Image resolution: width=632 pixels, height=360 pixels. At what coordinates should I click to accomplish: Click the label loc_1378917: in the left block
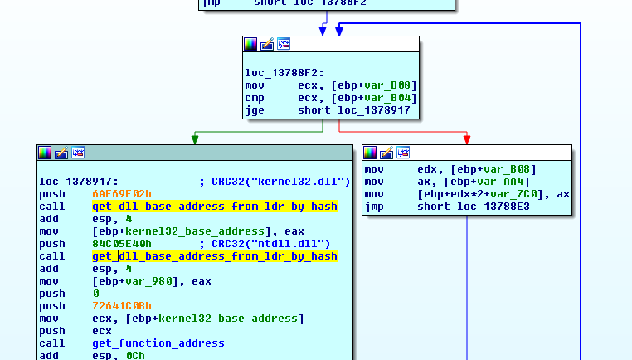coord(79,182)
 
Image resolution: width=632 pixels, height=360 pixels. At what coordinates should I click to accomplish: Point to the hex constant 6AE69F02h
coord(122,194)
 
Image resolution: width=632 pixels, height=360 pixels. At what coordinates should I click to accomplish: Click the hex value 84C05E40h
coord(122,244)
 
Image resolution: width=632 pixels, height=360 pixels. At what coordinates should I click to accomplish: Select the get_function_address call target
coord(158,343)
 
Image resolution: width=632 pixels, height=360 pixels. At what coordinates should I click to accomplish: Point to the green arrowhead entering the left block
coord(194,139)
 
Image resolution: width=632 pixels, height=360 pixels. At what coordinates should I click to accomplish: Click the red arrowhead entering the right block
coord(467,139)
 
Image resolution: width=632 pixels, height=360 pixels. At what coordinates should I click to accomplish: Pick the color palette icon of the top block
coord(250,44)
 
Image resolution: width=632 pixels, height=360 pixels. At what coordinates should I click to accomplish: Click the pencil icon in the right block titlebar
coord(386,153)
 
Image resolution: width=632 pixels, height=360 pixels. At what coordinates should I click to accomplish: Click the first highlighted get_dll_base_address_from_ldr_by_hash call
coord(215,207)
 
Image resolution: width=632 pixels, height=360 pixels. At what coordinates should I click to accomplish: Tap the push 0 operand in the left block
coord(95,294)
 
